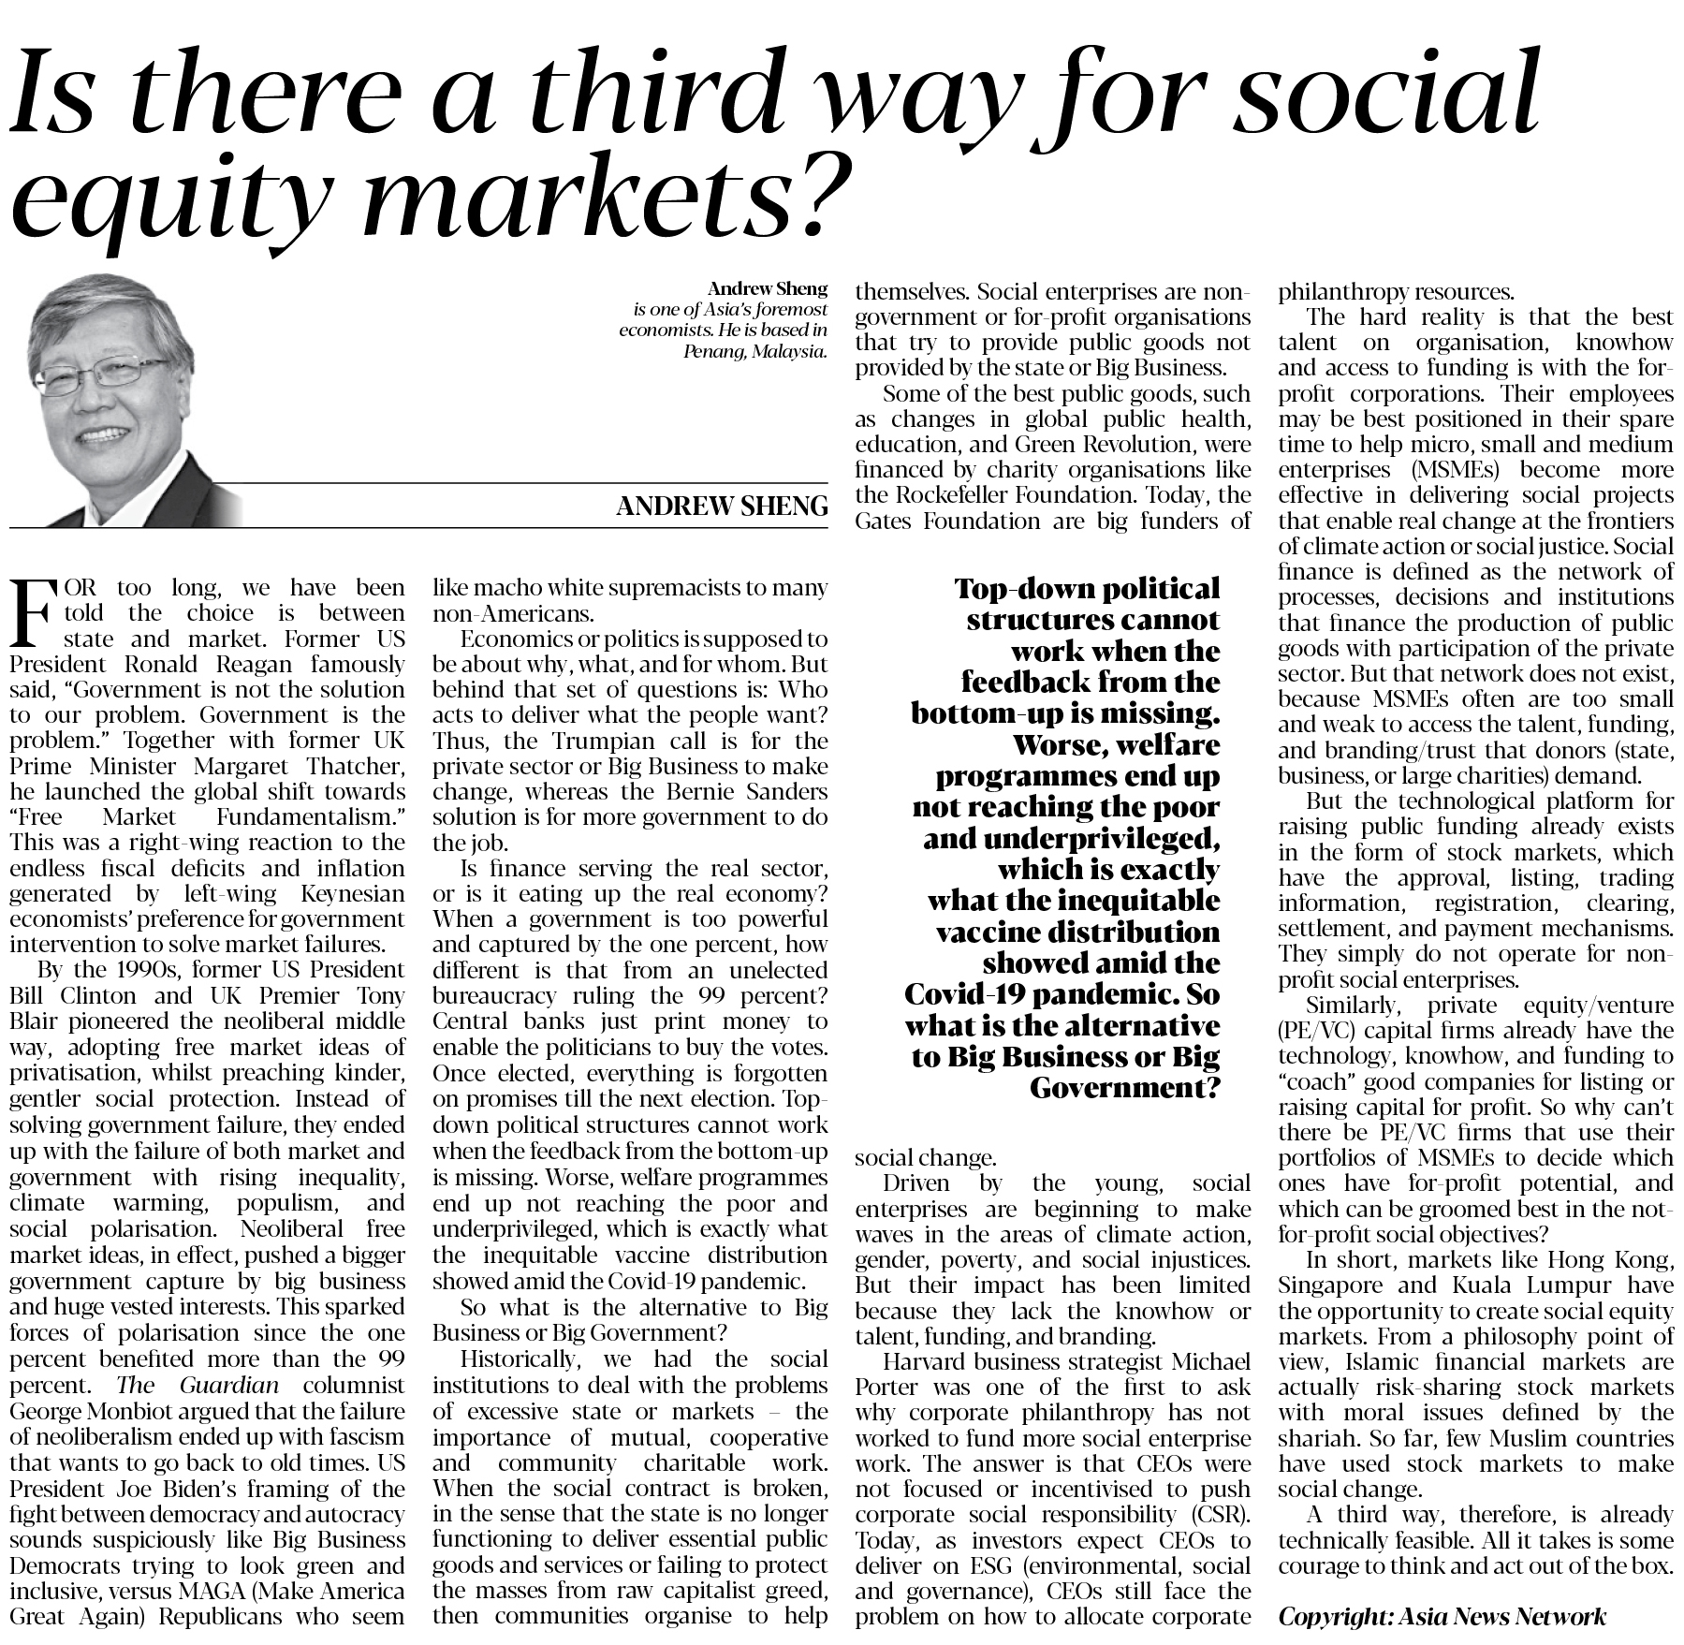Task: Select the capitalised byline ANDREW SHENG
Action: click(x=722, y=507)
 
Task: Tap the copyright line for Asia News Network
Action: click(x=1442, y=1616)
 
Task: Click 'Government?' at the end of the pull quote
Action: click(x=1125, y=1089)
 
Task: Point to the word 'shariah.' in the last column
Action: click(x=1315, y=1439)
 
